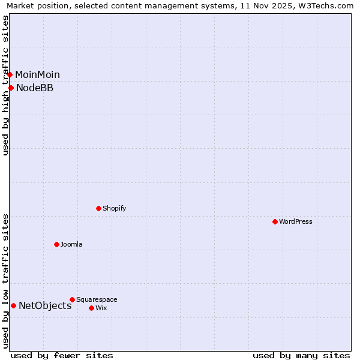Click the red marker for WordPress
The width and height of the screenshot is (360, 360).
(275, 221)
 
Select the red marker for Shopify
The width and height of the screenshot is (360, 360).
(98, 208)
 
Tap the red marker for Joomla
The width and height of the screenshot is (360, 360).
(56, 244)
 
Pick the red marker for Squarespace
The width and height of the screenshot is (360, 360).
(72, 299)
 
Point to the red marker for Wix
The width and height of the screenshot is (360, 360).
(91, 308)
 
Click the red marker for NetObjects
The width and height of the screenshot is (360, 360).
(13, 305)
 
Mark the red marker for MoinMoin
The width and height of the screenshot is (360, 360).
(10, 74)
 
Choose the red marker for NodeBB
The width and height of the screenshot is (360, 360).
(11, 88)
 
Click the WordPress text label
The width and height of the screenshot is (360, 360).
(296, 221)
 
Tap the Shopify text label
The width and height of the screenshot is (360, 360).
(114, 208)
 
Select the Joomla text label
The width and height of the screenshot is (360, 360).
(71, 244)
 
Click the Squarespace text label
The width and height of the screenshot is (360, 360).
(97, 299)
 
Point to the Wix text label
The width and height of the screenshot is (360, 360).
(101, 308)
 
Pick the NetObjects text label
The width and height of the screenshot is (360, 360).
(45, 305)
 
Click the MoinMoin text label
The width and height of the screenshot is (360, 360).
(37, 74)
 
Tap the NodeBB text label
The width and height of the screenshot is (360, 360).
(35, 88)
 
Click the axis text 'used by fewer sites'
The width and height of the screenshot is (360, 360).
(62, 355)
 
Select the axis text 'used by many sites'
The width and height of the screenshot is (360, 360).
(301, 355)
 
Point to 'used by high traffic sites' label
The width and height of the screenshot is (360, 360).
(6, 85)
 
